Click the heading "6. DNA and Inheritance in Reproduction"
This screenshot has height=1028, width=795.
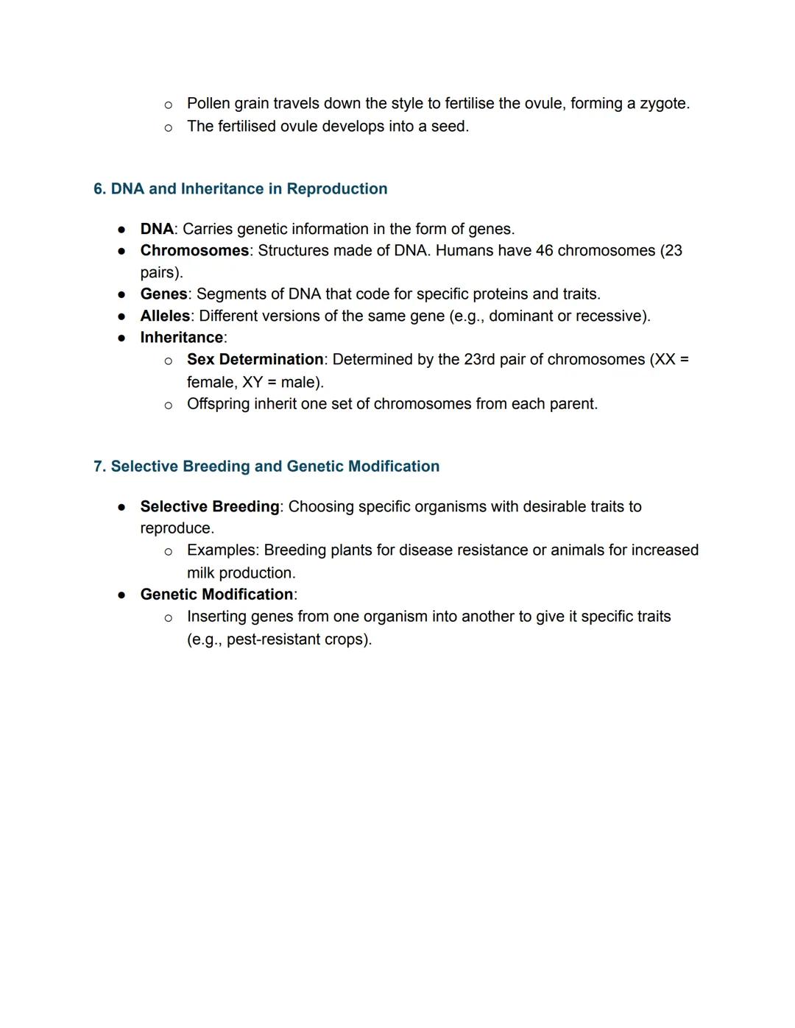240,189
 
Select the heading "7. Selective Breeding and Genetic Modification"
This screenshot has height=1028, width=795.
266,467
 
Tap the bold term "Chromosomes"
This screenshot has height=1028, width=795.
194,251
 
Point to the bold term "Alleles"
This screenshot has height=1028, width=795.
165,316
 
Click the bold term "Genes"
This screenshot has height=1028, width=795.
163,294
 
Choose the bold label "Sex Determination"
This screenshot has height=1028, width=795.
255,360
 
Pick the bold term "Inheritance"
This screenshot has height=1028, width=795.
181,338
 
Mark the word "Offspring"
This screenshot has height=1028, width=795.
218,404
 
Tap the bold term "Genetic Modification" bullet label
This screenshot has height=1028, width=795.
216,595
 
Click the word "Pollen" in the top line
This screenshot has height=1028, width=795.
208,104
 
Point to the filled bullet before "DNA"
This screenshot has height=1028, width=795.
121,230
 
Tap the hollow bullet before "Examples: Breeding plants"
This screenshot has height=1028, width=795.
169,551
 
